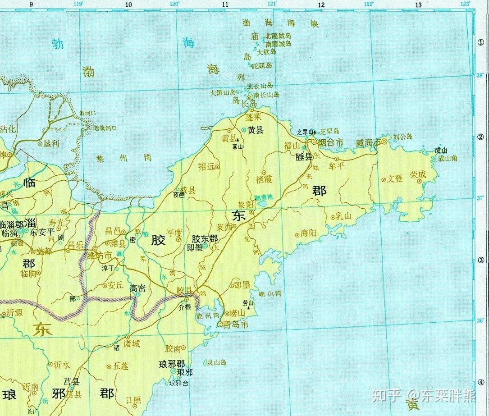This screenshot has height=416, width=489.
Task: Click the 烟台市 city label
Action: tap(331, 142)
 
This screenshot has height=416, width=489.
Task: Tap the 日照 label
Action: tap(133, 400)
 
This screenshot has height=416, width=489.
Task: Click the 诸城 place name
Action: tap(132, 344)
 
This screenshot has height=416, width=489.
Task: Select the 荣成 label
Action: tap(418, 174)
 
